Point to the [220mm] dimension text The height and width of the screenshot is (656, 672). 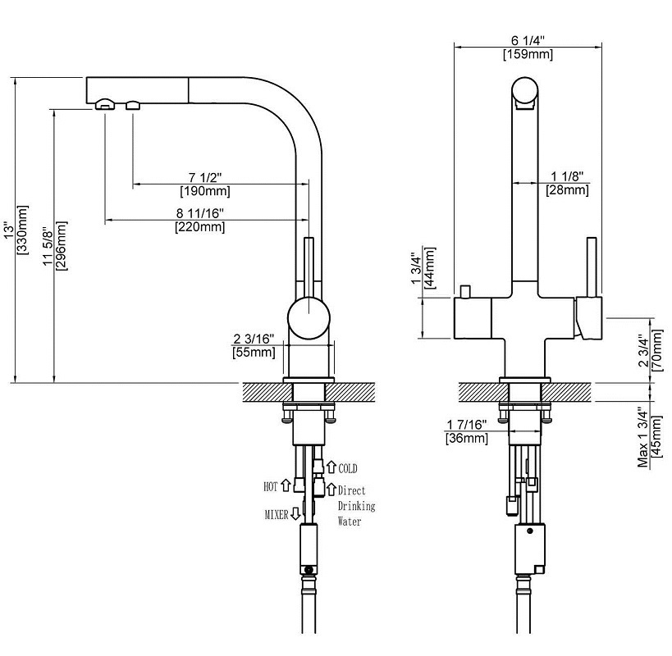click(199, 227)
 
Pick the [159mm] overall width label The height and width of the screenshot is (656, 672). click(528, 55)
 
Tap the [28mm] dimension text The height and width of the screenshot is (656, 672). click(567, 190)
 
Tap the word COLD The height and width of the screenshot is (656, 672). click(348, 468)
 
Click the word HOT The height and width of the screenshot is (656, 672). click(271, 486)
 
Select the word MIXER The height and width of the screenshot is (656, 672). click(276, 515)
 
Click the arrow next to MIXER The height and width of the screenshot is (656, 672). click(295, 515)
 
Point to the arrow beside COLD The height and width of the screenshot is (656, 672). click(331, 467)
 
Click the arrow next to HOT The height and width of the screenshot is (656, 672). click(286, 485)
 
